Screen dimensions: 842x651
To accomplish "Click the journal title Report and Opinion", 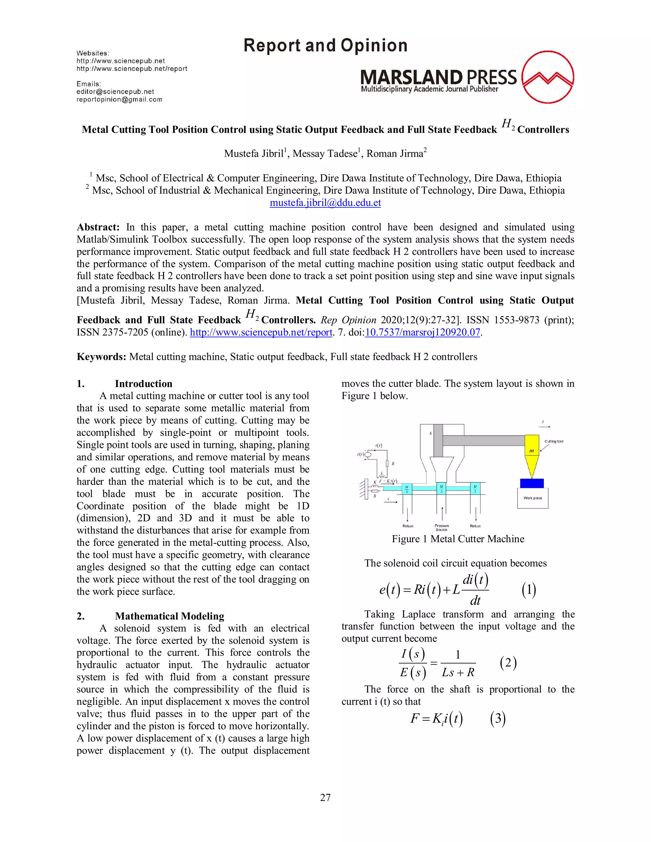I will coord(325,45).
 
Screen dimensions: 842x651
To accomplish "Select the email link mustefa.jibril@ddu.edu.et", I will coord(325,202).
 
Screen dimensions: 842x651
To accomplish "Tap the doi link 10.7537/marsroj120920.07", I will coord(422,332).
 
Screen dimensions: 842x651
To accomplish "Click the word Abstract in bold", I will coord(98,227).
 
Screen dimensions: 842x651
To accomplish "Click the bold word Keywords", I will coord(101,356).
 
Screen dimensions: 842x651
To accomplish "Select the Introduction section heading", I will coord(143,384).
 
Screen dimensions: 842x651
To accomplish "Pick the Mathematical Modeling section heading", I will coord(169,616).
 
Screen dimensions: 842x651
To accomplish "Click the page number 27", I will coord(325,797).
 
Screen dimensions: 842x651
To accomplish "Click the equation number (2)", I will coord(508,663).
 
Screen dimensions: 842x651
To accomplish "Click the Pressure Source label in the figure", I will coord(442,527).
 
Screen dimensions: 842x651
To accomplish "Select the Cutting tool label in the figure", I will coord(554,441).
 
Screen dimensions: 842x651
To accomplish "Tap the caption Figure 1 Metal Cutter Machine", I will coord(458,539).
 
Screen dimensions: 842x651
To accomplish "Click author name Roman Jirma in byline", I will coord(396,153).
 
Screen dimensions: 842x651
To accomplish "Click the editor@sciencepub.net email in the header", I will coord(115,92).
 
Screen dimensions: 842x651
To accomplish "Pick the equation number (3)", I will coord(497,719).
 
